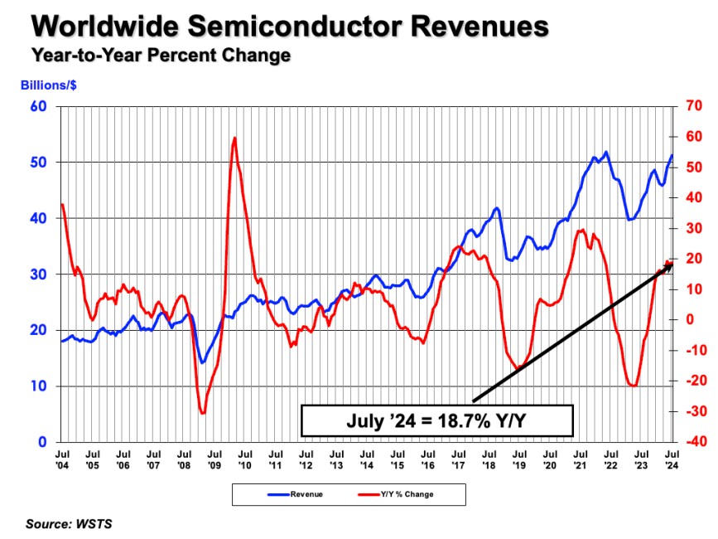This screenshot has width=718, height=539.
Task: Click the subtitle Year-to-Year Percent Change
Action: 161,56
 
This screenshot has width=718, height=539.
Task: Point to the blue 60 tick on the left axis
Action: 38,106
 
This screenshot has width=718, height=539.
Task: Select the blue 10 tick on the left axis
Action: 38,386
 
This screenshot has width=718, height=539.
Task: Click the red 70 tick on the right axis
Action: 693,106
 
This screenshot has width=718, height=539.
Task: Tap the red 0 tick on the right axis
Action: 688,320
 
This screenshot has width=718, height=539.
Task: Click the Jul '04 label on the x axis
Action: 62,460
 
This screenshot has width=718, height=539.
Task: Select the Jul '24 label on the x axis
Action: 672,460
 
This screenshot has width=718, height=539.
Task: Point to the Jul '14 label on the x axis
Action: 367,460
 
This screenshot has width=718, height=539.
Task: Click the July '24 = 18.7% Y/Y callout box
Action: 436,420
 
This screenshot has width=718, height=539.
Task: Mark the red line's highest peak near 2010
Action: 234,138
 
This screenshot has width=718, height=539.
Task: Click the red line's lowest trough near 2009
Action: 203,412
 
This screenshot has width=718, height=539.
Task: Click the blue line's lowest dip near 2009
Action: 202,362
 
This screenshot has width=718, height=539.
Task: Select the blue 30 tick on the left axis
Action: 38,274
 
